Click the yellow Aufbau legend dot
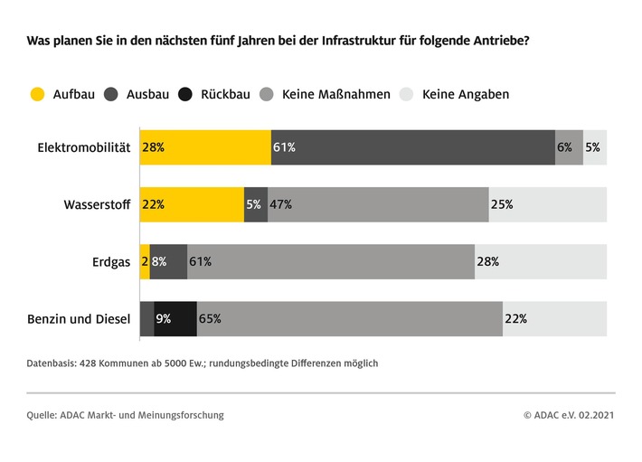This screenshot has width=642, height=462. coord(37,93)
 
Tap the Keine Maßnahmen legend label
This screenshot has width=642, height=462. coord(335,93)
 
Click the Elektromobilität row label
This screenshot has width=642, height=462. coord(84,147)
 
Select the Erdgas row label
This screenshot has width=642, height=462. coord(111,262)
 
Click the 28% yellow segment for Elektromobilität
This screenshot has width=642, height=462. coord(205,147)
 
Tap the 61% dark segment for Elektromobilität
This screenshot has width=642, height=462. coord(412,147)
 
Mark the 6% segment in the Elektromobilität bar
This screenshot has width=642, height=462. coord(569,147)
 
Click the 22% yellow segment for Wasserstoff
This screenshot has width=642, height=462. coord(192,204)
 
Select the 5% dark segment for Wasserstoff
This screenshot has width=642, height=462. coord(256,204)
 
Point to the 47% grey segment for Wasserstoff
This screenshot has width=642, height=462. coord(378,204)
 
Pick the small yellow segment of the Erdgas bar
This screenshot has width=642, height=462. coord(145,262)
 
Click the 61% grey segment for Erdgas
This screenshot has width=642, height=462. coord(331,262)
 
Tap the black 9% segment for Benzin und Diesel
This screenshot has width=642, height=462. coord(175,319)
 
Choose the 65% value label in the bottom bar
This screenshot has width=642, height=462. coord(210,319)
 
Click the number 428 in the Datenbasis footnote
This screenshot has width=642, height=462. coord(96,363)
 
